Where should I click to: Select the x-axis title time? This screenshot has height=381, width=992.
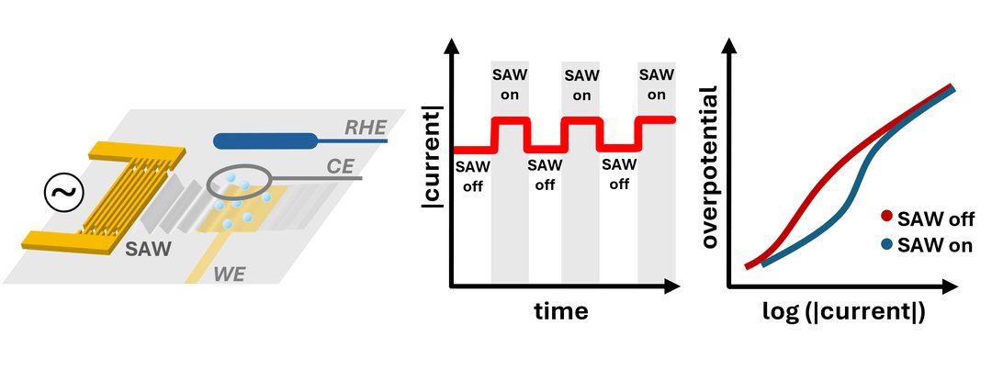click(561, 312)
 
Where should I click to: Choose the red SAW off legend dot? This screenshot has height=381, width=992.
click(886, 219)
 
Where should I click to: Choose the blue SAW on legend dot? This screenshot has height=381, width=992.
click(886, 245)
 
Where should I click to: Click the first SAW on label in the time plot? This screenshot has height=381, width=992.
click(510, 84)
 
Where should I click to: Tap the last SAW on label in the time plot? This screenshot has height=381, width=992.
click(656, 84)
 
